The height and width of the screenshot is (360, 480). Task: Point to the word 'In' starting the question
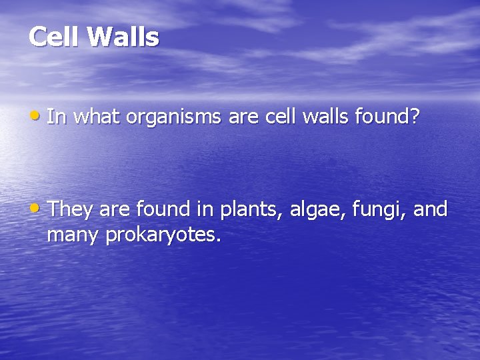click(x=57, y=117)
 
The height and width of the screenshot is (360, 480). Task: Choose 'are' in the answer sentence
click(x=115, y=211)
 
